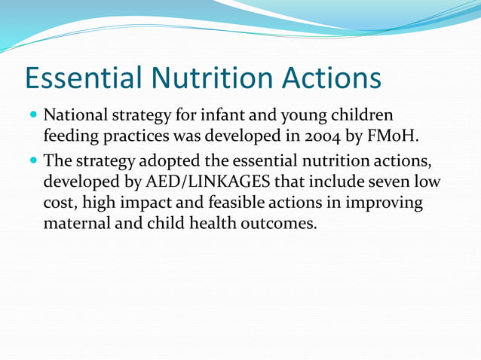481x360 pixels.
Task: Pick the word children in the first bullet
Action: point(363,117)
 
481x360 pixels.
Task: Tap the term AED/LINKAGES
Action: point(206,182)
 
